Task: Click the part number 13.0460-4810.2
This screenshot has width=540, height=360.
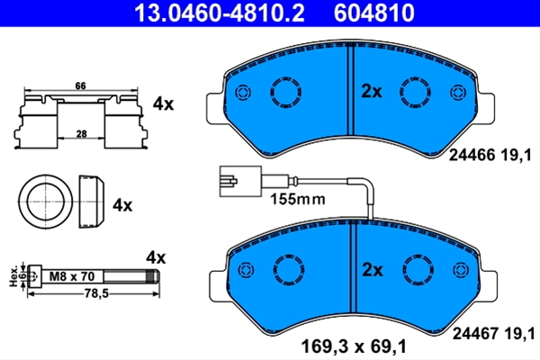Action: click(220, 13)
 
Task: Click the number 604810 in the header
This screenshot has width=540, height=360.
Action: click(374, 13)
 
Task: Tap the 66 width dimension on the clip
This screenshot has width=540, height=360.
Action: click(80, 85)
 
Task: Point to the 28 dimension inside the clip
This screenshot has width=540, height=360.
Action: click(81, 134)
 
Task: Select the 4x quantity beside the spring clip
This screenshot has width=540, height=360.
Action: click(163, 103)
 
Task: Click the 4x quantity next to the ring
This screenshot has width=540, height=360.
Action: click(122, 205)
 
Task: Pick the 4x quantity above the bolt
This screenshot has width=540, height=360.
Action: click(156, 257)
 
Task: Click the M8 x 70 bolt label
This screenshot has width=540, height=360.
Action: click(72, 276)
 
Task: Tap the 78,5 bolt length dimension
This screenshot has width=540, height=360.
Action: click(96, 293)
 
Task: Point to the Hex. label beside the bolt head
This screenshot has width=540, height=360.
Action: click(13, 276)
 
